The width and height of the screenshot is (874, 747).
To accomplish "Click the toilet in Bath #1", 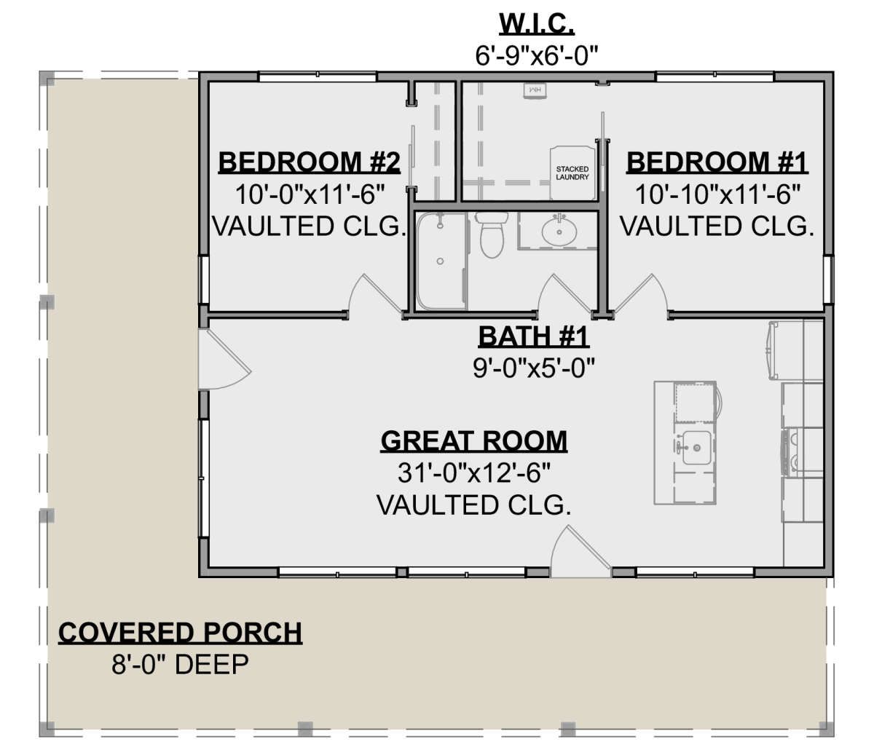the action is coord(492,234).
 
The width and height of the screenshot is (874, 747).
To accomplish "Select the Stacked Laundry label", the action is coord(572,173).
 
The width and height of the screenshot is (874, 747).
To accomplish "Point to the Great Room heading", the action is coord(474,441).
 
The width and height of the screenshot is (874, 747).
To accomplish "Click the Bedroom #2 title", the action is coord(309,162).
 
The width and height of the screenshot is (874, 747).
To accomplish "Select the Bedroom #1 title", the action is coord(717,162).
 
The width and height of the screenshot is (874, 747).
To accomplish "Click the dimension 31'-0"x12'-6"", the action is coord(474,473).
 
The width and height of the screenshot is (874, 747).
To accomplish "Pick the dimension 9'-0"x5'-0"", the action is coord(534,368).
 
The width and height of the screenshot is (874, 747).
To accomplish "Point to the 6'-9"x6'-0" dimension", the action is coord(537,55).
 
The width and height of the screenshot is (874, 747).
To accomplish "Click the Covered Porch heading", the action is coord(180,633).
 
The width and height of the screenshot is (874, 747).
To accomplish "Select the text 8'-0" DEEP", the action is coord(180,664).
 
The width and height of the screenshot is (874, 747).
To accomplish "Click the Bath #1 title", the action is coord(534,336).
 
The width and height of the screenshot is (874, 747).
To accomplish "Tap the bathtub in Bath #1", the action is coord(442,261).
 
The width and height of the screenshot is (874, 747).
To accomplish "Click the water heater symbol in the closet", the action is coord(535,90).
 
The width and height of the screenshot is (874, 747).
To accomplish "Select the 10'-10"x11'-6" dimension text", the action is coord(717,194).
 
